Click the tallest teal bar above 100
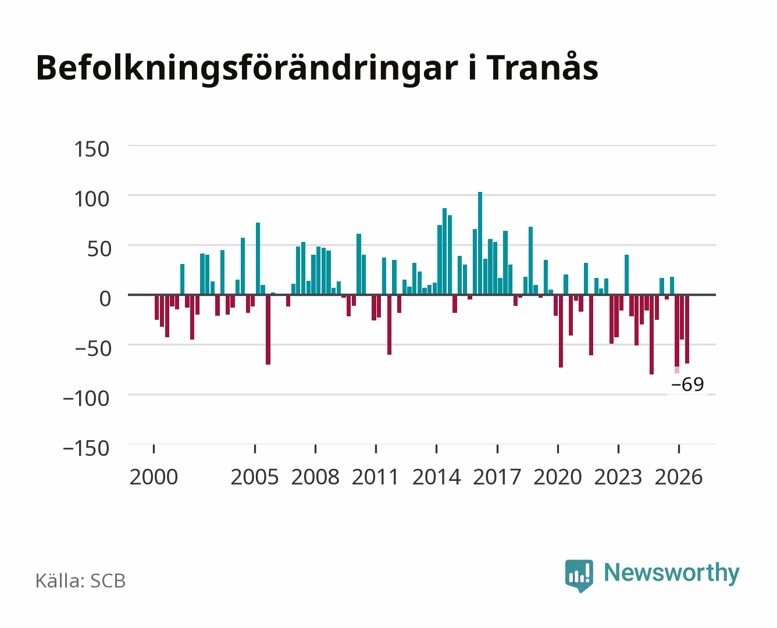tap(480, 243)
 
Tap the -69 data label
tap(687, 384)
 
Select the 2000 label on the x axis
tap(154, 477)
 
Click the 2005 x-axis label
tap(255, 477)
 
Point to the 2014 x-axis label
tap(436, 477)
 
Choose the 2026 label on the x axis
tap(679, 477)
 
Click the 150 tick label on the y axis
tap(91, 149)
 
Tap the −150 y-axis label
tap(86, 448)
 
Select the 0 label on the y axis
tap(105, 299)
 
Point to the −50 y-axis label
tap(92, 349)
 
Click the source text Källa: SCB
tap(80, 580)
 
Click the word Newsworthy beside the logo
tap(672, 573)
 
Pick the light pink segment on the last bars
tap(677, 370)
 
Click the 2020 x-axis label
tap(557, 477)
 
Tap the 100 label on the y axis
tap(91, 199)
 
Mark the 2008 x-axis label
tap(315, 477)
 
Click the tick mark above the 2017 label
tap(497, 448)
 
